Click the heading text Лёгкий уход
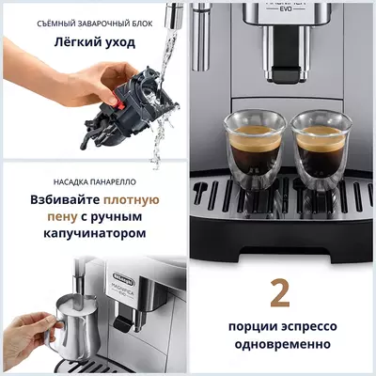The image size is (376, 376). point(94,42)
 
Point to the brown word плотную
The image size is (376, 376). point(132,200)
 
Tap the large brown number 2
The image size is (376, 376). point(280,291)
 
